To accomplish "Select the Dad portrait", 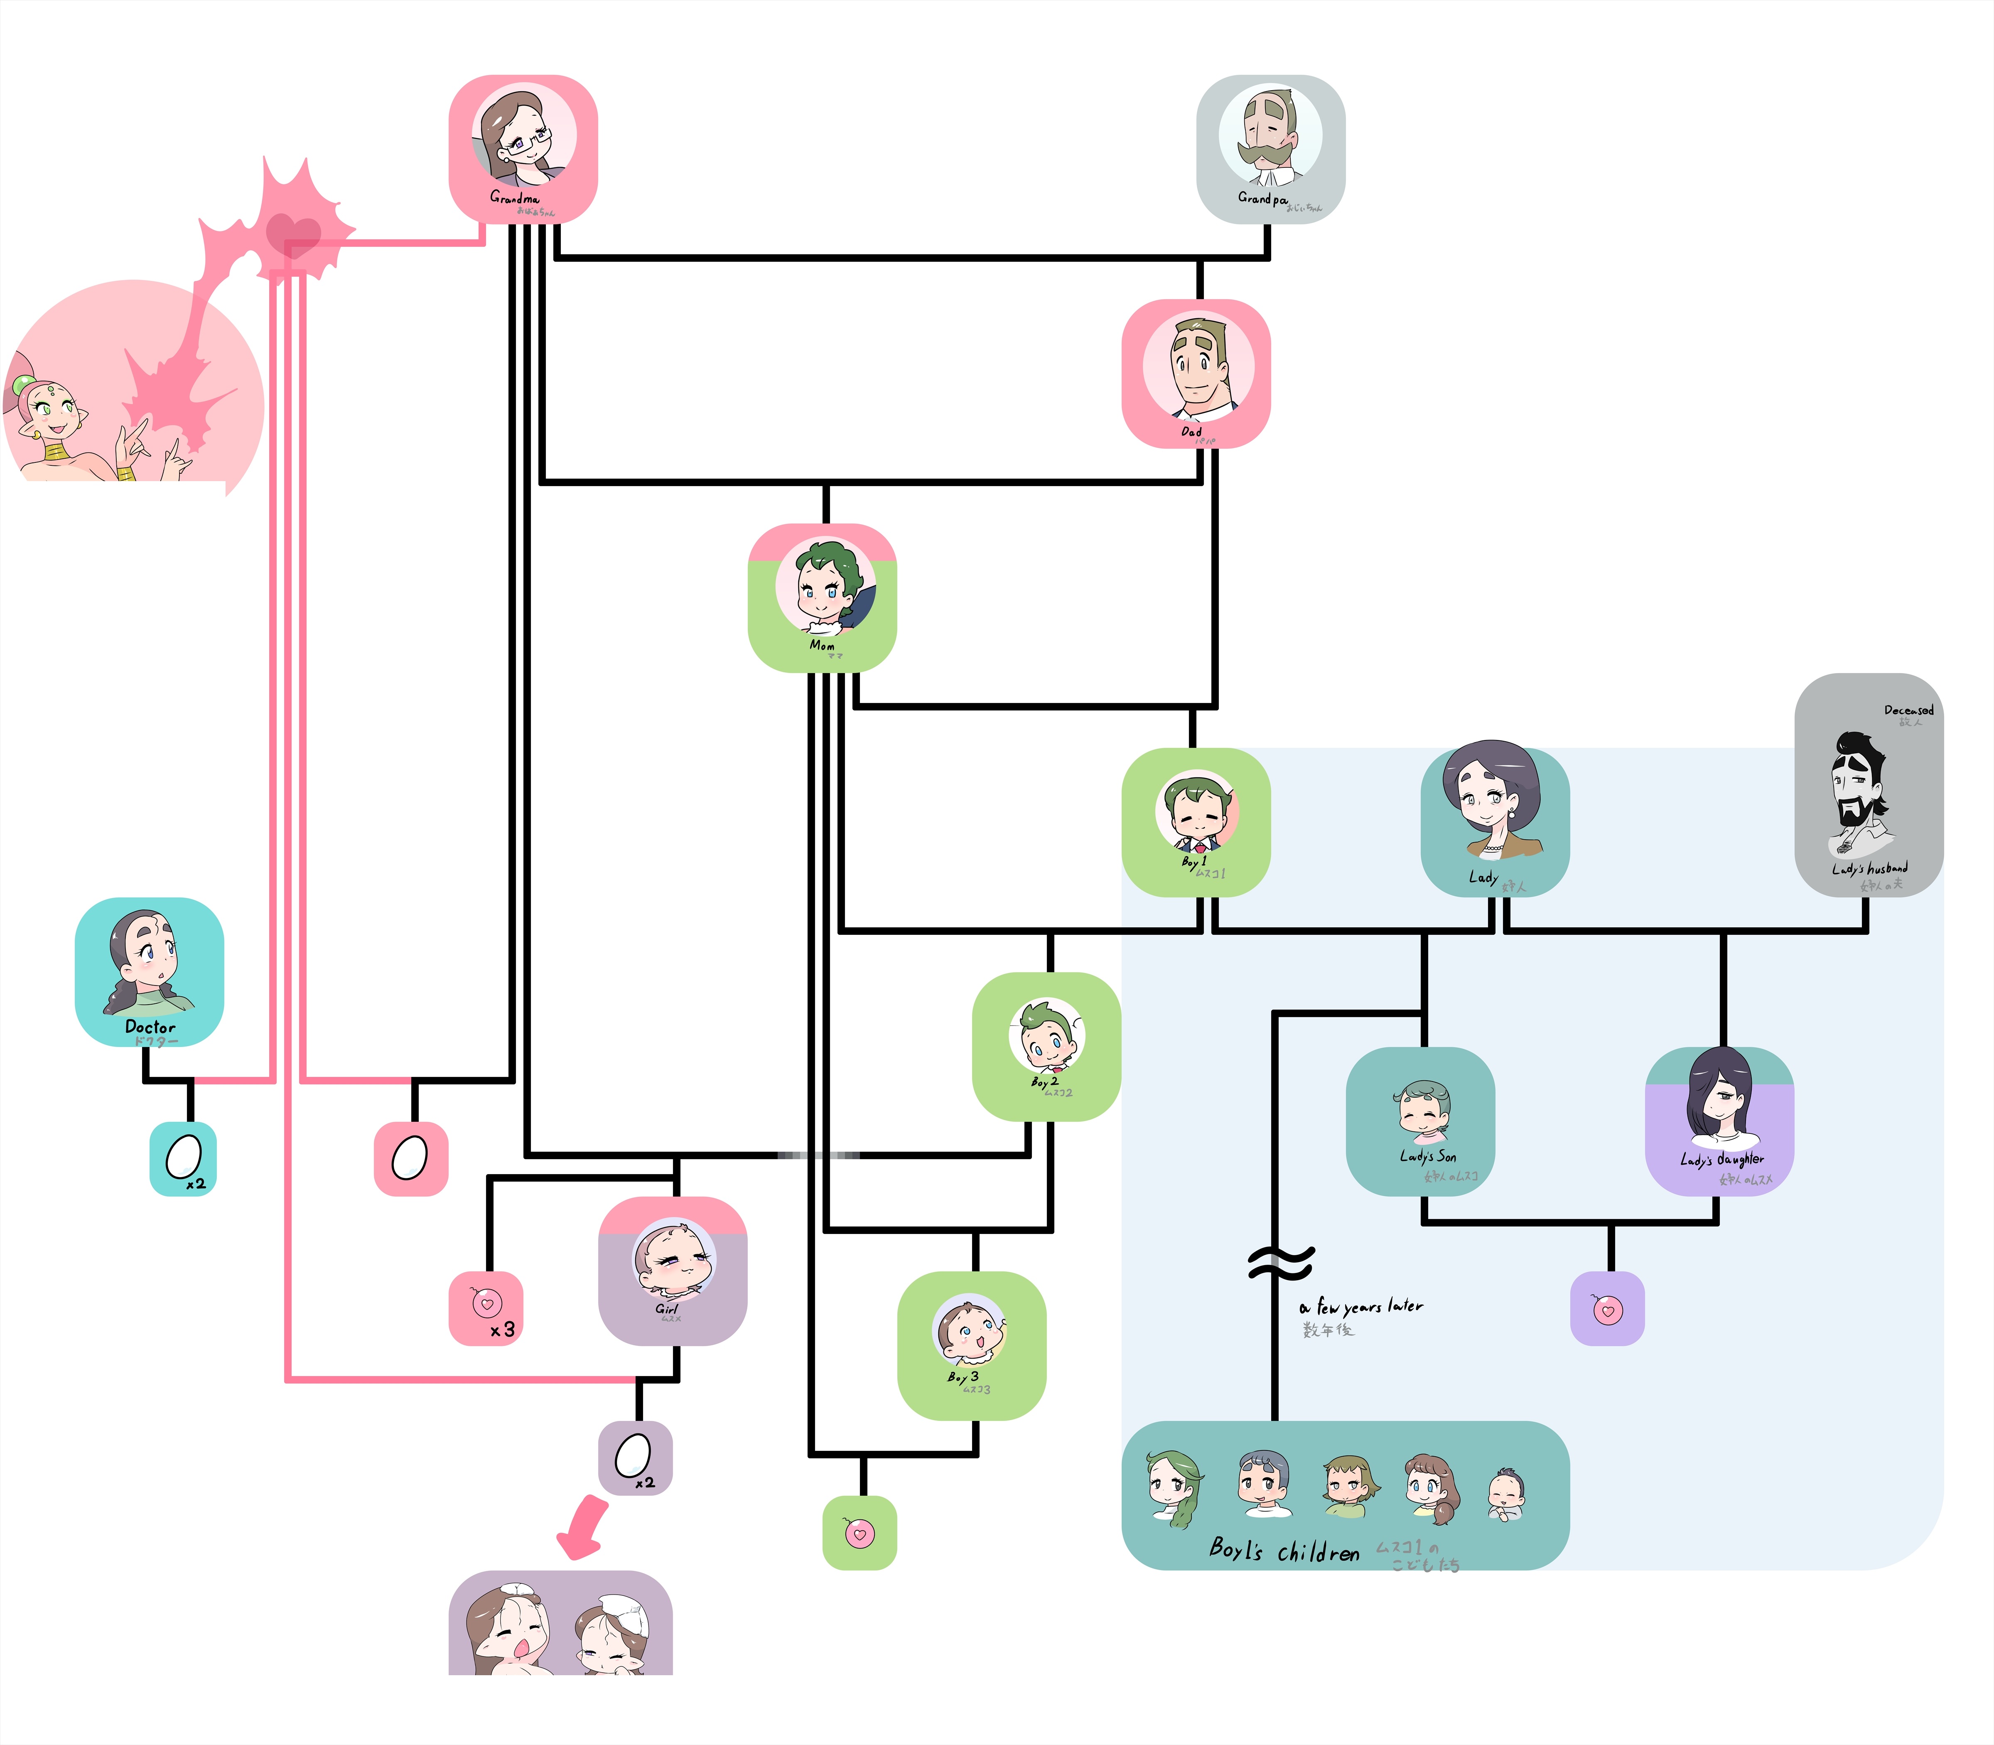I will click(x=1198, y=365).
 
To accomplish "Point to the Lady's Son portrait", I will click(x=1422, y=1110).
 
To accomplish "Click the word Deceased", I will click(x=1908, y=710).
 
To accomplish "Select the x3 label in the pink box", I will click(x=502, y=1329).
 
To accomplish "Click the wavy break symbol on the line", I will click(x=1280, y=1264).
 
